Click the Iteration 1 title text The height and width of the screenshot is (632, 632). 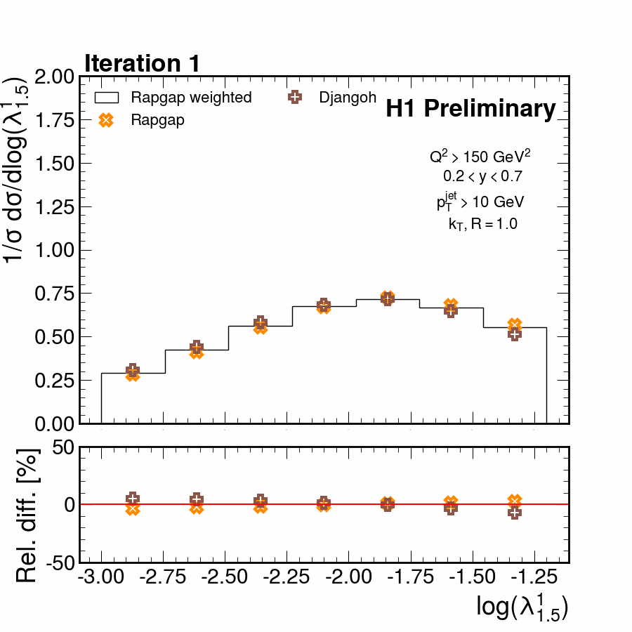(143, 63)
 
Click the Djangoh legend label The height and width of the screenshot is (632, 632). (348, 98)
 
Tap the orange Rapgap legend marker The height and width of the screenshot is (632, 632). (106, 120)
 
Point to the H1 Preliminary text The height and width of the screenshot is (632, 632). (470, 109)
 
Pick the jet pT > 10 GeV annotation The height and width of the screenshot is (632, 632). (480, 202)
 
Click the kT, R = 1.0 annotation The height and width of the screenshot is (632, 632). (482, 225)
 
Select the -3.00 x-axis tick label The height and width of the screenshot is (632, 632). (102, 579)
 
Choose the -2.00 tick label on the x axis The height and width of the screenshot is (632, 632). (350, 579)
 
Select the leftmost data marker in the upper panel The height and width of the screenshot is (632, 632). (133, 373)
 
